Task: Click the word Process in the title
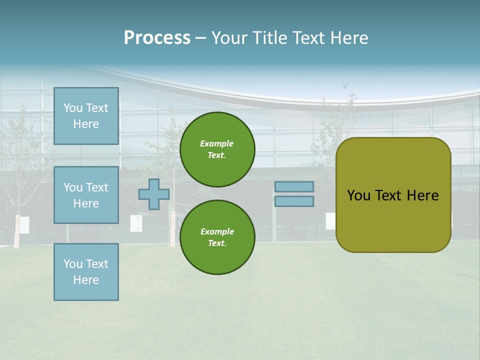tap(157, 38)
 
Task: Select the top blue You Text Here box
tap(86, 116)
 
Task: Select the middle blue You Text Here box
tap(86, 195)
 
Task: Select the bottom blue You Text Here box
tap(86, 272)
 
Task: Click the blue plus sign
tap(153, 194)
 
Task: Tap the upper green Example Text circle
tap(217, 149)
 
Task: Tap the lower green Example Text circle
tap(217, 237)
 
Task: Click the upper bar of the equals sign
tap(294, 186)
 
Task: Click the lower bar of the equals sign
tap(294, 201)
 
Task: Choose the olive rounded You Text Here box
tap(393, 195)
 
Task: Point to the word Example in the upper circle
tap(217, 143)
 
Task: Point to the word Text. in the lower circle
tap(217, 243)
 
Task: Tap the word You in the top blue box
tap(72, 108)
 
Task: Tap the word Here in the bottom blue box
tap(86, 280)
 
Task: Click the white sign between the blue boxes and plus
tap(136, 223)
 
